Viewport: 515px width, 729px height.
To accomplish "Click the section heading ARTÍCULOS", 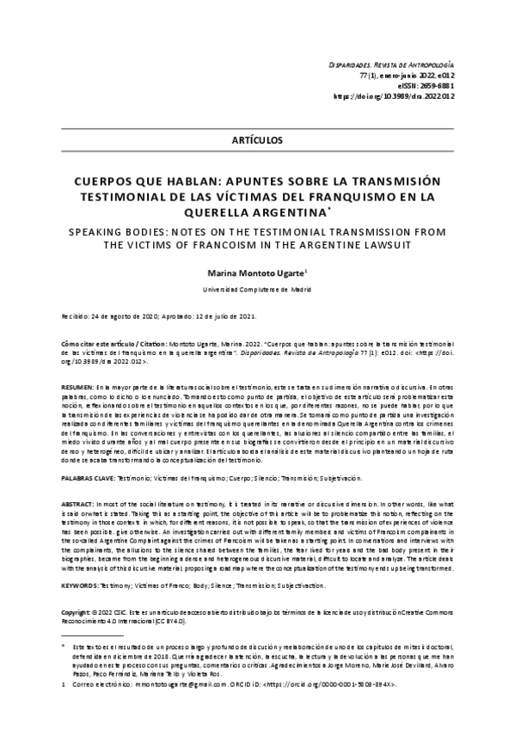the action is pyautogui.click(x=257, y=139).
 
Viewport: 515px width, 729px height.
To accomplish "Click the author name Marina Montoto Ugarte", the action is pyautogui.click(x=255, y=271).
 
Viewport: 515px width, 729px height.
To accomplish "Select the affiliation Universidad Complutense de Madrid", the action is pyautogui.click(x=257, y=289).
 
